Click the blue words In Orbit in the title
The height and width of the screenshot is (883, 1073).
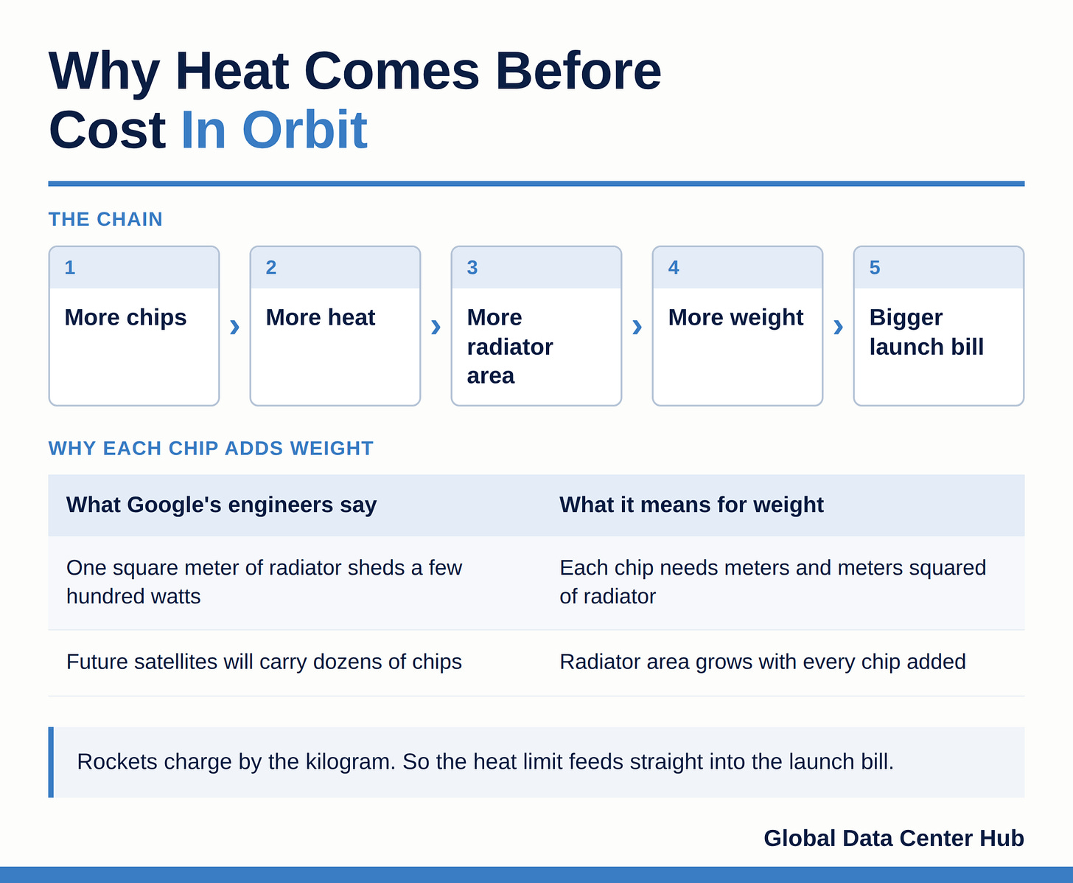click(273, 130)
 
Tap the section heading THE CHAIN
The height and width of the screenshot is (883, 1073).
click(105, 219)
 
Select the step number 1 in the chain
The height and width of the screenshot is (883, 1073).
click(70, 267)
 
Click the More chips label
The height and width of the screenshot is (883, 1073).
click(125, 318)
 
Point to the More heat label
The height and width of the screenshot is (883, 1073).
click(320, 318)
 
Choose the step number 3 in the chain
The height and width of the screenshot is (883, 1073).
click(472, 267)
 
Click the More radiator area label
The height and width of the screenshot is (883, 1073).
click(510, 346)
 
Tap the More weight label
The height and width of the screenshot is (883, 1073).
click(735, 318)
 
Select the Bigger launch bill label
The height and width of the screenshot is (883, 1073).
click(926, 332)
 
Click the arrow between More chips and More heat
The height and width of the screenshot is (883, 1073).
click(234, 326)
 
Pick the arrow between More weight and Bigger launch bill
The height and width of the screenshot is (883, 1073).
click(838, 326)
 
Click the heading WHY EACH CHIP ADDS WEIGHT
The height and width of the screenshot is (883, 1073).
click(211, 448)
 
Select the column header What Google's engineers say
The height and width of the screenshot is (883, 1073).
click(221, 505)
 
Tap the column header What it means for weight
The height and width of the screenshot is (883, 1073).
click(691, 505)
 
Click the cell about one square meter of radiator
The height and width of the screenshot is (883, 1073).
click(264, 582)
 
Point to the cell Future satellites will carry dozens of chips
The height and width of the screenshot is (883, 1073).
click(264, 662)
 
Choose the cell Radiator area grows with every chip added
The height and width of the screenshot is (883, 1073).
click(763, 662)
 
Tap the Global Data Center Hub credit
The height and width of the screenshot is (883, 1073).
click(893, 838)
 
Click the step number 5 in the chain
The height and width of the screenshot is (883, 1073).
click(875, 267)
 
